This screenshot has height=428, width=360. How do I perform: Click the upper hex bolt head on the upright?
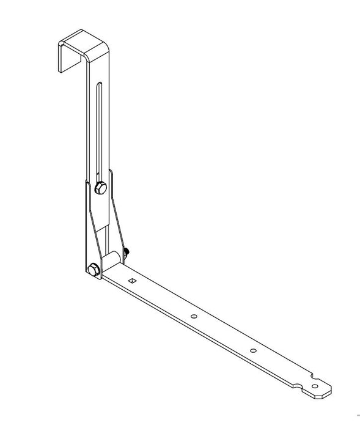[x=101, y=188]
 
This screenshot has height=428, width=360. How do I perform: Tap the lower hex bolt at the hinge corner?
[x=94, y=269]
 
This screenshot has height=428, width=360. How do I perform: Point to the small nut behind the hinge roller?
[x=126, y=251]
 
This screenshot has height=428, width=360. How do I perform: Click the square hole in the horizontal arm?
[x=131, y=281]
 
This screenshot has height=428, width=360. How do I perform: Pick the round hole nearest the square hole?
[x=193, y=316]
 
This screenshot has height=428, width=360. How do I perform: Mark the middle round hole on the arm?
[x=252, y=350]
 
